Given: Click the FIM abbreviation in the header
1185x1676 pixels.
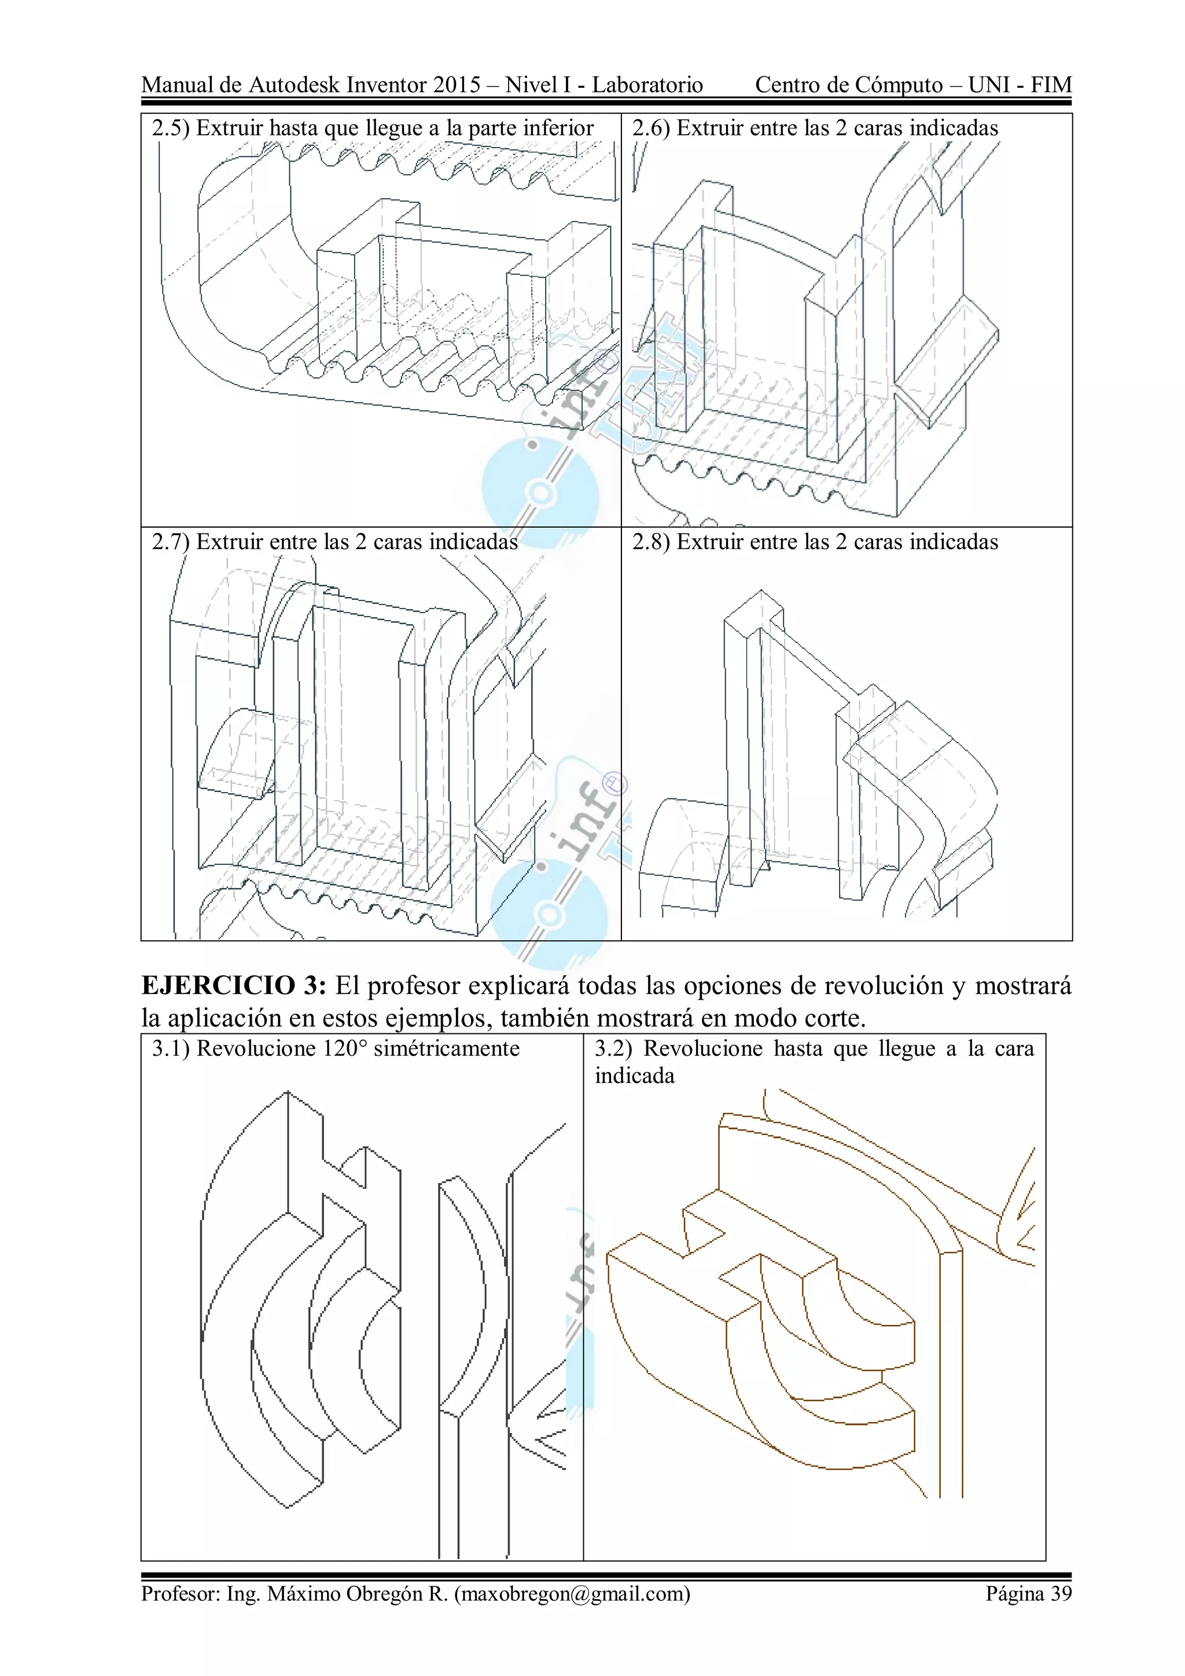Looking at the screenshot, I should pos(1051,86).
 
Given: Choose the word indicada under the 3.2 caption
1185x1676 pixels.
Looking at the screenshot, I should pos(635,1076).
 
